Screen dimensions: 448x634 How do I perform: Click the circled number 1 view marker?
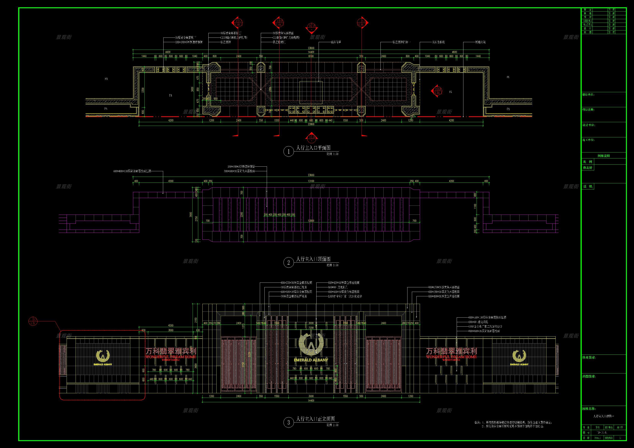click(289, 151)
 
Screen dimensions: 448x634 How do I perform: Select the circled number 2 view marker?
click(289, 262)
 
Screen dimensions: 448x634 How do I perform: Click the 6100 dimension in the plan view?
click(311, 56)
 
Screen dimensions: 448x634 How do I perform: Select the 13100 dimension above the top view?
click(311, 181)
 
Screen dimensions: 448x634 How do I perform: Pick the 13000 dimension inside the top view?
click(311, 221)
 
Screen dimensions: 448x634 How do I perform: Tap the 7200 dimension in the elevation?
click(311, 328)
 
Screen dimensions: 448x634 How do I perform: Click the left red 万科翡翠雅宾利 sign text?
click(171, 351)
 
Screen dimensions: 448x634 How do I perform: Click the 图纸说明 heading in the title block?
click(604, 156)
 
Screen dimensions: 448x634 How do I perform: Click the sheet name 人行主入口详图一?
click(604, 416)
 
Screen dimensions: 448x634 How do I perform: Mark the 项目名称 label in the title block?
click(588, 110)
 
